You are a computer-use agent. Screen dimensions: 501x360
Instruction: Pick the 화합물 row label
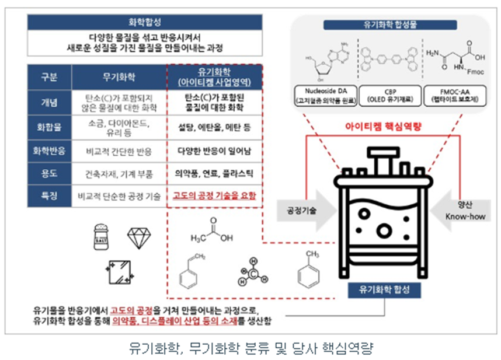pyautogui.click(x=49, y=125)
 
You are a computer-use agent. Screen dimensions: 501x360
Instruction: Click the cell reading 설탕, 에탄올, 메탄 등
pyautogui.click(x=214, y=125)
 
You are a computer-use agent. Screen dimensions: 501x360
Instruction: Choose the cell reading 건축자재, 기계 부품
pyautogui.click(x=119, y=173)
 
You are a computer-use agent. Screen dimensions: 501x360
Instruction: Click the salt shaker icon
pyautogui.click(x=100, y=236)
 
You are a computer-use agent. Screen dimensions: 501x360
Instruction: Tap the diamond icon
pyautogui.click(x=139, y=236)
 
